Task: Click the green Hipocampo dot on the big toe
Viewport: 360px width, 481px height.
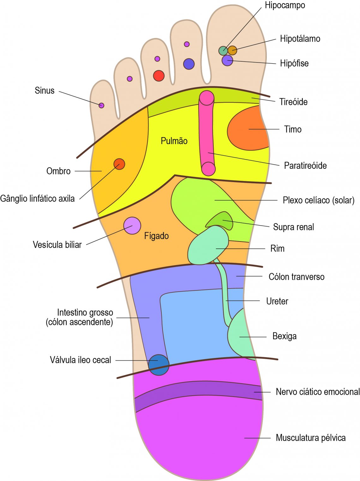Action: click(223, 51)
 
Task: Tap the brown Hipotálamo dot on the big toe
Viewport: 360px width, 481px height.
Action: click(232, 50)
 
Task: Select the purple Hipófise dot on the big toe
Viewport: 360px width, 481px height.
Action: click(227, 60)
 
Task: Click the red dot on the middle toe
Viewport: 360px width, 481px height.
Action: click(159, 76)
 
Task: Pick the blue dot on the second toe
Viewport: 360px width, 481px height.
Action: click(189, 64)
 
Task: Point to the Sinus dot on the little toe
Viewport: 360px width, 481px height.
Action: click(101, 105)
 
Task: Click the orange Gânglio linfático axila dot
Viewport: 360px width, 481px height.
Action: click(119, 164)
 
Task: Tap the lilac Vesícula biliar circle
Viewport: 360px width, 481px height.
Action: click(132, 226)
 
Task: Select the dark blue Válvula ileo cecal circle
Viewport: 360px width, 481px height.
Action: click(159, 365)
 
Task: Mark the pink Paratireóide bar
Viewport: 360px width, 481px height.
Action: click(207, 133)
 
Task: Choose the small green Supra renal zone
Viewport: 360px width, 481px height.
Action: click(221, 220)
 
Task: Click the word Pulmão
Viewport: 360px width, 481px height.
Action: click(174, 141)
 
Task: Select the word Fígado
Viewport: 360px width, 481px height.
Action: click(156, 236)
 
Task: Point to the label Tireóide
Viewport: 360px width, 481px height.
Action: click(293, 102)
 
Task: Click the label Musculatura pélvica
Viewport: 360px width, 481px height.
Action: click(310, 438)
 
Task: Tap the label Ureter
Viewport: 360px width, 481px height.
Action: click(277, 301)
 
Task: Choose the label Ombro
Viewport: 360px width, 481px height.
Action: click(58, 171)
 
